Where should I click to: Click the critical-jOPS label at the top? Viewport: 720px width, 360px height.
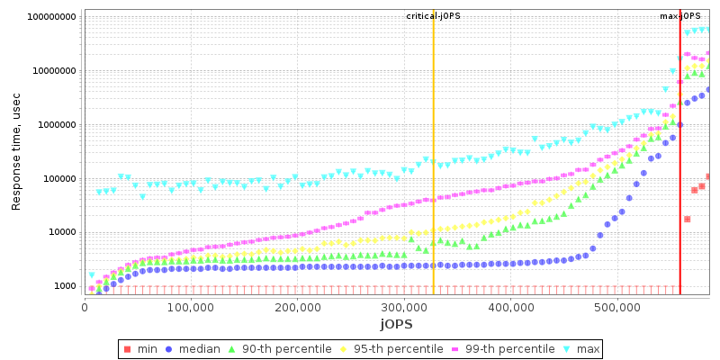433,16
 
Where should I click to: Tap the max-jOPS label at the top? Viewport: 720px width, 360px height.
680,16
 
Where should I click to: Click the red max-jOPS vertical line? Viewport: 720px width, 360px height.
679,180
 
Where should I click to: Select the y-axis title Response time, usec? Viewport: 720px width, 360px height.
16,152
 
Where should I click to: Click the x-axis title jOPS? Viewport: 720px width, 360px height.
396,323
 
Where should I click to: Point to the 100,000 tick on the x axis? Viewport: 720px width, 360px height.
191,307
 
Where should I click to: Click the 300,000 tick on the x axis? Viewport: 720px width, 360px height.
404,307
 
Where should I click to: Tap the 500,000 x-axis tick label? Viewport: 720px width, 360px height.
617,307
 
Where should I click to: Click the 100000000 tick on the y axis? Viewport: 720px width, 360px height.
51,17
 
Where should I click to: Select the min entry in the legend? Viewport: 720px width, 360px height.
138,348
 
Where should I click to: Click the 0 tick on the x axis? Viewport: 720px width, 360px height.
85,307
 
